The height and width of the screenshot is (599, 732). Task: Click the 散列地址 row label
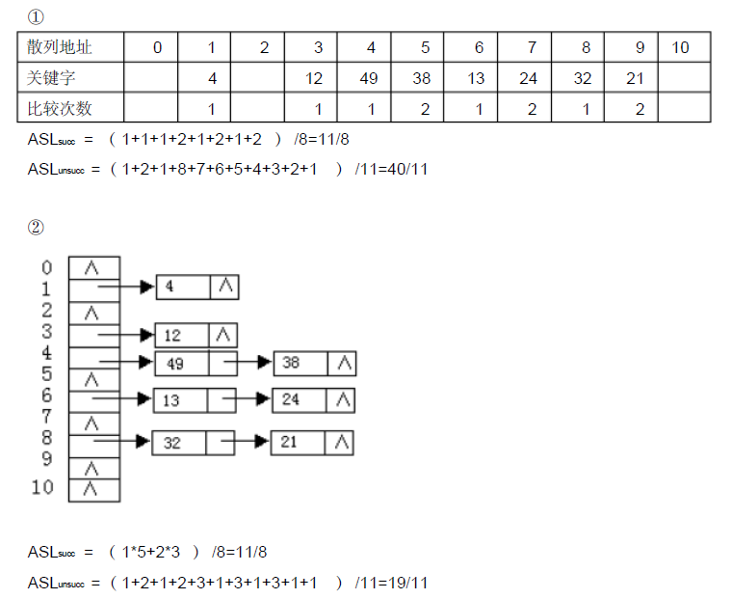tap(60, 47)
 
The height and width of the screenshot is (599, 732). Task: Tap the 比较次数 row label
tap(60, 108)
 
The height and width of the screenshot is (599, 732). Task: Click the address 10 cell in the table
tap(681, 47)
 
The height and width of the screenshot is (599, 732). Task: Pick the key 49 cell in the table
tap(369, 78)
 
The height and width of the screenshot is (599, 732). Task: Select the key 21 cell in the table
tap(635, 78)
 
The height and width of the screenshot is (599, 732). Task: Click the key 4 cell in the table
tap(212, 78)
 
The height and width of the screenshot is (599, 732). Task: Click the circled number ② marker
tap(36, 228)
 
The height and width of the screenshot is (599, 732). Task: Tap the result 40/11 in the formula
tap(406, 170)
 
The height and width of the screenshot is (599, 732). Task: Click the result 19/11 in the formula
tap(406, 583)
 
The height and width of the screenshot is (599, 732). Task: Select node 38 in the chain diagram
tap(292, 364)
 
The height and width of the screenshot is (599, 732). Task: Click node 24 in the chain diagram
tap(291, 399)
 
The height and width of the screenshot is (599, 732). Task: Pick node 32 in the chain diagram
tap(172, 443)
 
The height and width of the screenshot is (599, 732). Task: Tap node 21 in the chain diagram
tap(291, 443)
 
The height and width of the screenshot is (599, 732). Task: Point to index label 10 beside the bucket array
tap(42, 487)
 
